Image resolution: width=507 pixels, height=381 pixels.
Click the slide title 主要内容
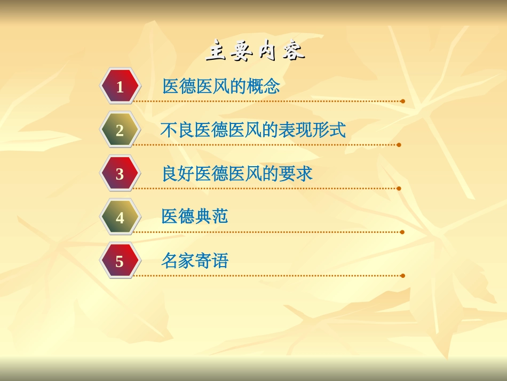pyautogui.click(x=255, y=51)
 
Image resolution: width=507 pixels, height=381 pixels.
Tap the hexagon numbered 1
pyautogui.click(x=120, y=87)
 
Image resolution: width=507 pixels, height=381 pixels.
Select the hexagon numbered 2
pyautogui.click(x=120, y=130)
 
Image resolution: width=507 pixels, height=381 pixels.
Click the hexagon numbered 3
pyautogui.click(x=120, y=174)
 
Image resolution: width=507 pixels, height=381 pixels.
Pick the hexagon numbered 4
pyautogui.click(x=120, y=217)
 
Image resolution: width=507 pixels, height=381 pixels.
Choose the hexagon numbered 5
pyautogui.click(x=120, y=261)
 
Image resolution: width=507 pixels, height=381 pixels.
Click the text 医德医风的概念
pyautogui.click(x=221, y=87)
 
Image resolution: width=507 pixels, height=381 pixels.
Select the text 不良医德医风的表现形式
pyautogui.click(x=253, y=130)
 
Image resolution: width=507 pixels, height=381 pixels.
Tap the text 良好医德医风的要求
pyautogui.click(x=237, y=174)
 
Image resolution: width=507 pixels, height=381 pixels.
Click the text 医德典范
pyautogui.click(x=195, y=216)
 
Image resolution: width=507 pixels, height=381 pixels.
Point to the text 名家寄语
pyautogui.click(x=195, y=261)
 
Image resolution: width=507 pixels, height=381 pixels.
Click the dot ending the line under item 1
pyautogui.click(x=402, y=101)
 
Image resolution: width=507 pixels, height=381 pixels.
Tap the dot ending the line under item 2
pyautogui.click(x=399, y=145)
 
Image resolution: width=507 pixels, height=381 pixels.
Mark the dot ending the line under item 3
pyautogui.click(x=399, y=189)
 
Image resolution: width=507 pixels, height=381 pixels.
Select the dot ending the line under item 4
pyautogui.click(x=402, y=232)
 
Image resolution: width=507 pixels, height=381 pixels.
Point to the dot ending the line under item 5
pyautogui.click(x=402, y=276)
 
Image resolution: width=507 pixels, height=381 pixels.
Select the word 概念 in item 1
pyautogui.click(x=263, y=87)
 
